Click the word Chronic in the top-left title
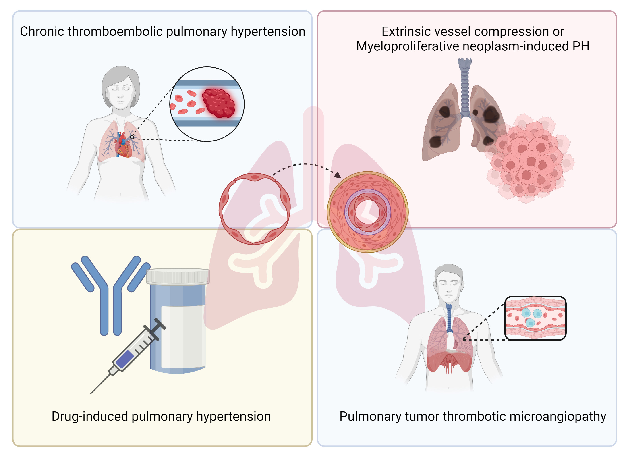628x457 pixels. (x=42, y=31)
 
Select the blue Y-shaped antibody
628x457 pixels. (x=111, y=294)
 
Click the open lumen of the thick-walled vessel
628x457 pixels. (x=367, y=213)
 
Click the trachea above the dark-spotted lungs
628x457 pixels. (x=465, y=83)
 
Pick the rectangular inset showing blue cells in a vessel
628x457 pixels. (x=535, y=318)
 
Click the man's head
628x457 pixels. (x=449, y=283)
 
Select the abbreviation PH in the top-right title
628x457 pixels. (x=581, y=46)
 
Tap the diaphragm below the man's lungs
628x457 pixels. (x=449, y=360)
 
